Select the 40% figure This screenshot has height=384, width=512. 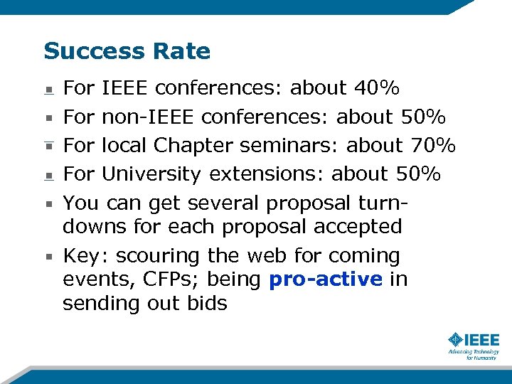click(x=376, y=88)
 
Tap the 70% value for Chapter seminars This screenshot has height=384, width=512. click(x=433, y=145)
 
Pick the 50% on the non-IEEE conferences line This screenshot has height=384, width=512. click(x=423, y=117)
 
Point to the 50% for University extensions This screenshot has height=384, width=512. click(x=419, y=174)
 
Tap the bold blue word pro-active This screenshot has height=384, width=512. click(x=326, y=279)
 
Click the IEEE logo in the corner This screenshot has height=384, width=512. click(x=474, y=345)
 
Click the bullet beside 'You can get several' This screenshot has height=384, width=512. click(x=48, y=203)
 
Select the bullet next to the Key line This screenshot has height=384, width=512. click(x=48, y=256)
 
